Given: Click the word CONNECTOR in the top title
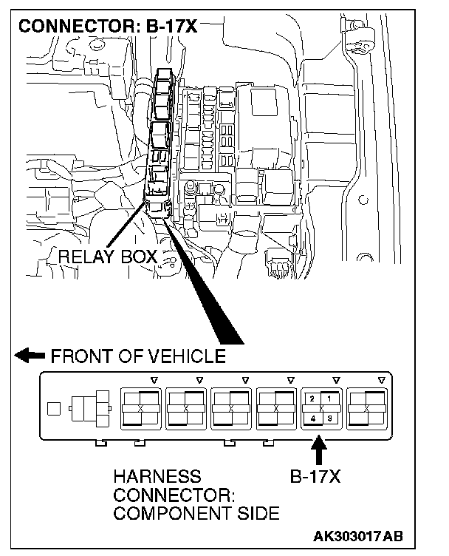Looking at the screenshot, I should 70,27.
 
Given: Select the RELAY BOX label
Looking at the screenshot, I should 108,257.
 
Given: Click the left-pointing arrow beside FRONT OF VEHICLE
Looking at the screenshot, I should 30,356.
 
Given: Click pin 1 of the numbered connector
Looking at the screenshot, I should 329,399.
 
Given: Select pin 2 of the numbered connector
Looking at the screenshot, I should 313,399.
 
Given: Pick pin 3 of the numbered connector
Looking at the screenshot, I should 329,418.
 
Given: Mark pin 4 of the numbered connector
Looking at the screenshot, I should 313,418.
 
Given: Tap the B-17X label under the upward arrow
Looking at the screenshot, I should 315,477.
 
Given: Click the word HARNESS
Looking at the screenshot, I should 157,477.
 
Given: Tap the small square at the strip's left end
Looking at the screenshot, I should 52,407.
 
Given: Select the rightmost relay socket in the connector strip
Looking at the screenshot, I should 369,408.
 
